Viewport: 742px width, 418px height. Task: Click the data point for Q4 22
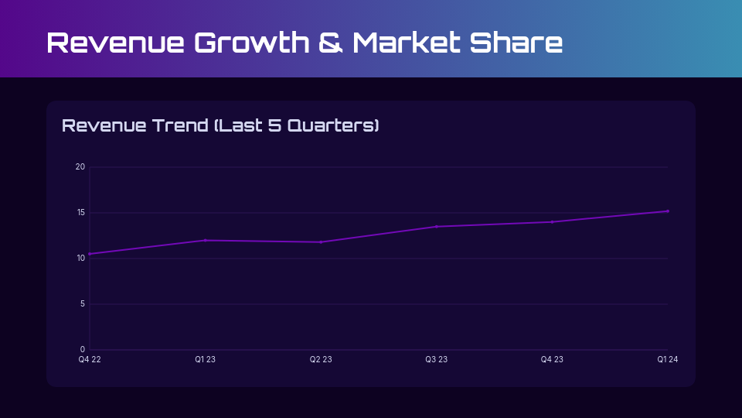point(90,254)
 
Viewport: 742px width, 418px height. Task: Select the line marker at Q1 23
point(206,240)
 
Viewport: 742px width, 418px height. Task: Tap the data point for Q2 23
point(321,242)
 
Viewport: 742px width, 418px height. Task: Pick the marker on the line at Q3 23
point(436,227)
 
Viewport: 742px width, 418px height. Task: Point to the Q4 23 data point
point(552,222)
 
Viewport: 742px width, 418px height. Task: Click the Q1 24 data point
point(668,211)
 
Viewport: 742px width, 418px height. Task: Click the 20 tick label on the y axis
point(80,167)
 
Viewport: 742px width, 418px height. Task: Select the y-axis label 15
point(80,212)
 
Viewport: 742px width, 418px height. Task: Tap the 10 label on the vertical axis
point(80,259)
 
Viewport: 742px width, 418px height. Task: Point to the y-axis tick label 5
point(83,303)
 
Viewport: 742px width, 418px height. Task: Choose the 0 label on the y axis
point(83,349)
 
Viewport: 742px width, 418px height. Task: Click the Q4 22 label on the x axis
point(90,359)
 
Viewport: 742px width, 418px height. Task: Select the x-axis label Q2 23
point(321,359)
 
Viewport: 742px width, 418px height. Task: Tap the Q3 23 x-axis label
point(436,359)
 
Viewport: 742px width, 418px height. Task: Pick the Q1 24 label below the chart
point(668,359)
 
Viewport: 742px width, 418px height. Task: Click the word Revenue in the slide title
point(115,43)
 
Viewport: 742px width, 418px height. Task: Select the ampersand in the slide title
point(330,43)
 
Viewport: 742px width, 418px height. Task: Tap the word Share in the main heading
point(516,43)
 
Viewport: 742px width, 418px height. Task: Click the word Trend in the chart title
point(180,125)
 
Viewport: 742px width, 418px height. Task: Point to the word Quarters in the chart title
point(333,125)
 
